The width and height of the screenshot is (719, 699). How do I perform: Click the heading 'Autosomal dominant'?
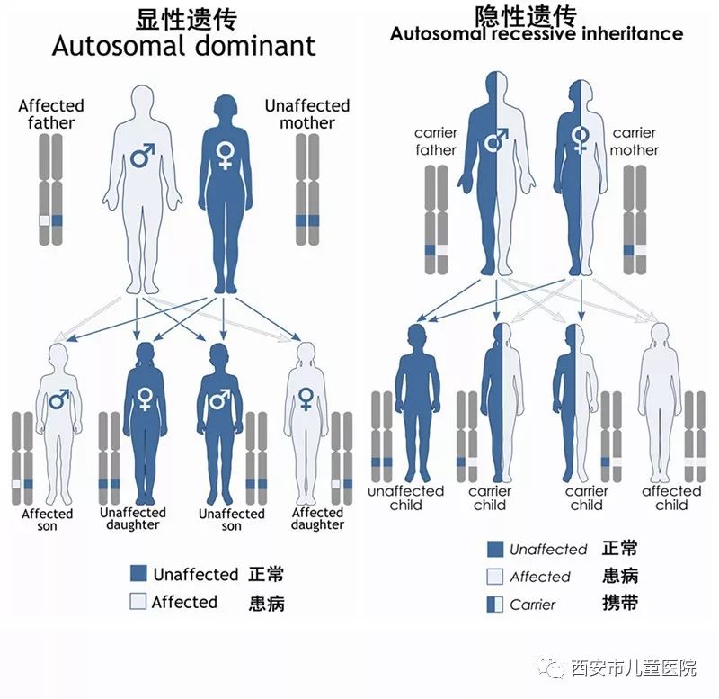[183, 46]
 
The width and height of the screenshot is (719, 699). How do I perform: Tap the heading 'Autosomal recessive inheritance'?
[537, 34]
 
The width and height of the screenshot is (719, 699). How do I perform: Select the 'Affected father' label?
[51, 114]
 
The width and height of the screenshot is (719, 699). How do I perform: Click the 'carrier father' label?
[436, 141]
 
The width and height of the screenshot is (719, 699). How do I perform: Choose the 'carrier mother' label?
[634, 141]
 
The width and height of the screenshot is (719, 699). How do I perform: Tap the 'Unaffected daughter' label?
[133, 518]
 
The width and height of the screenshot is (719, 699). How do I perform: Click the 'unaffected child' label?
[405, 497]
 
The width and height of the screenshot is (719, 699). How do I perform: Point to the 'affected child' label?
[671, 497]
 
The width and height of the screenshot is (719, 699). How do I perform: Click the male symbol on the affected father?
[143, 156]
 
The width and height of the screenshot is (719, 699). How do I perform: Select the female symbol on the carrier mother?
[581, 138]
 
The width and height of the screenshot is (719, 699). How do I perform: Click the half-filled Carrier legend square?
[494, 605]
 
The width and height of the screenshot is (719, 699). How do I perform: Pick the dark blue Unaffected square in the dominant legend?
[138, 574]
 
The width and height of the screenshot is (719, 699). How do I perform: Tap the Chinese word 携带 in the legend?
[620, 603]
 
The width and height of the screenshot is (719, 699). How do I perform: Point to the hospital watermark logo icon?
[554, 668]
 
